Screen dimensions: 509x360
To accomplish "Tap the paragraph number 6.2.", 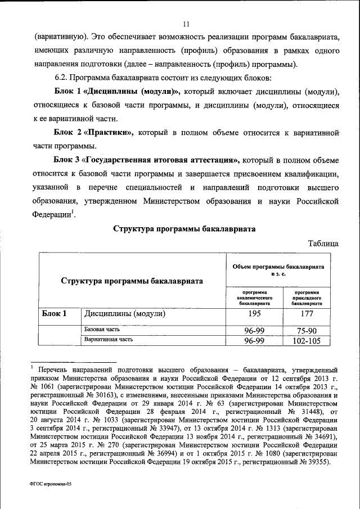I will coord(61,76).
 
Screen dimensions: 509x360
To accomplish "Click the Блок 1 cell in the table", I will coord(55,314).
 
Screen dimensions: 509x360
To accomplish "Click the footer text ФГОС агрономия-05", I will coord(51,483).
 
